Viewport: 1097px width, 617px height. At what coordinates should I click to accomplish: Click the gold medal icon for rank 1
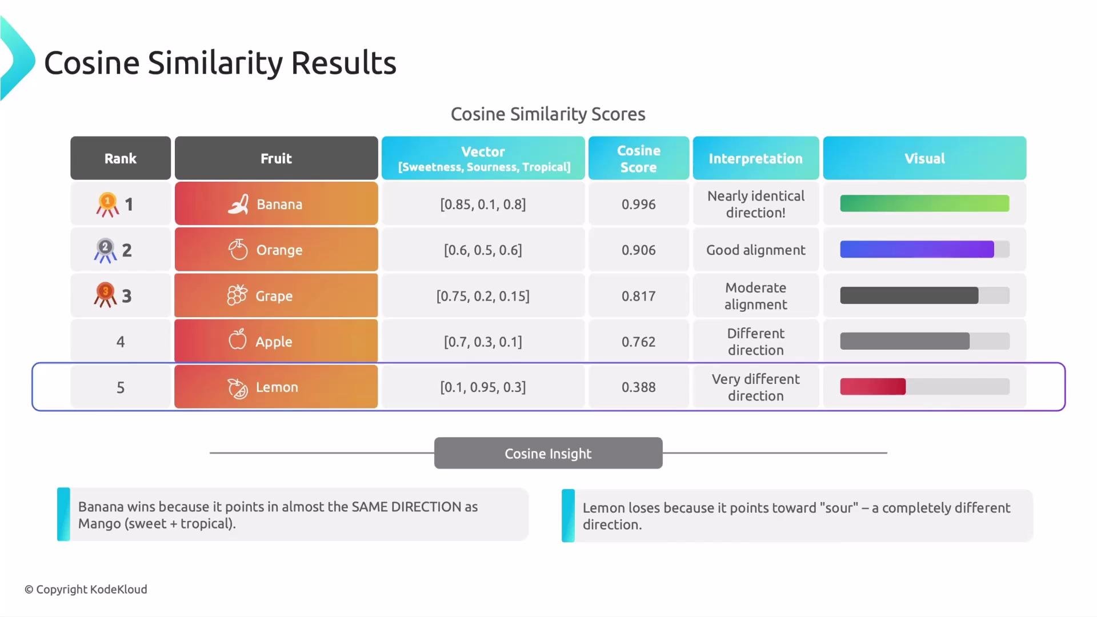[107, 205]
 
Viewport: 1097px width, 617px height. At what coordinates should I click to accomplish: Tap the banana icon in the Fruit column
[238, 204]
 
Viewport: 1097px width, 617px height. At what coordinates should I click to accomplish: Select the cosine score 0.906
[638, 250]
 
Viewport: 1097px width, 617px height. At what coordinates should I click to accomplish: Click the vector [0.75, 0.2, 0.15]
[483, 296]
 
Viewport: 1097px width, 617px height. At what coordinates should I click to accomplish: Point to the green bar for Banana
[924, 203]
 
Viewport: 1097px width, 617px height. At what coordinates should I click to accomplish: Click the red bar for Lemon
[872, 387]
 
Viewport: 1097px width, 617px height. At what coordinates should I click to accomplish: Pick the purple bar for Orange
[916, 249]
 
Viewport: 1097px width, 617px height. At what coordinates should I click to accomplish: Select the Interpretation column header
[755, 158]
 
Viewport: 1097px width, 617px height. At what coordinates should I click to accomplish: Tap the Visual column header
[924, 158]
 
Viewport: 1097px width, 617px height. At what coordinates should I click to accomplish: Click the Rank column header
[121, 158]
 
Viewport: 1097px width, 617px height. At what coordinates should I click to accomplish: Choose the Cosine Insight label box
[548, 453]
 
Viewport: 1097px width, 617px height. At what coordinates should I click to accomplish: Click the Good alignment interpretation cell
[755, 250]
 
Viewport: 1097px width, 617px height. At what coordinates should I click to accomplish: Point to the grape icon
[237, 295]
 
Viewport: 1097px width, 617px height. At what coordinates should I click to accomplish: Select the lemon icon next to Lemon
[238, 388]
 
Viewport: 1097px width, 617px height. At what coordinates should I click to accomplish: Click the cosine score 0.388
[638, 387]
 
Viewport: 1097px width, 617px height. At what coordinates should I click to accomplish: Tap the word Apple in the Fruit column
[274, 342]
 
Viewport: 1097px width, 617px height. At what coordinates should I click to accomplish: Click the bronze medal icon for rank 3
[105, 295]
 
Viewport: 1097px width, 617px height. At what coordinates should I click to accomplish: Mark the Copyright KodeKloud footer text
[86, 589]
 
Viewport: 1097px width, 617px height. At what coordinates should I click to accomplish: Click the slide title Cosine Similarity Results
[220, 62]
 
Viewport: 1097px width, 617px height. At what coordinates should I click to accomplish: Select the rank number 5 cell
[121, 387]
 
